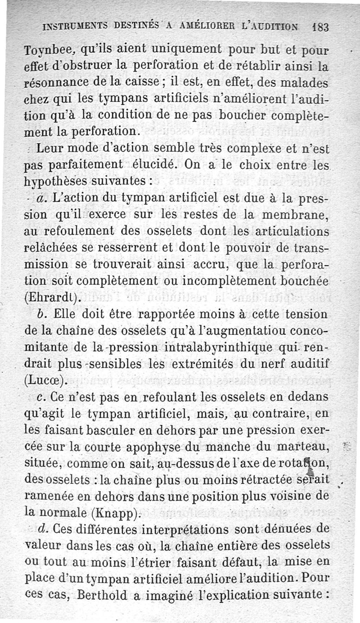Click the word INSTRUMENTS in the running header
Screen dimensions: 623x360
coord(74,27)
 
